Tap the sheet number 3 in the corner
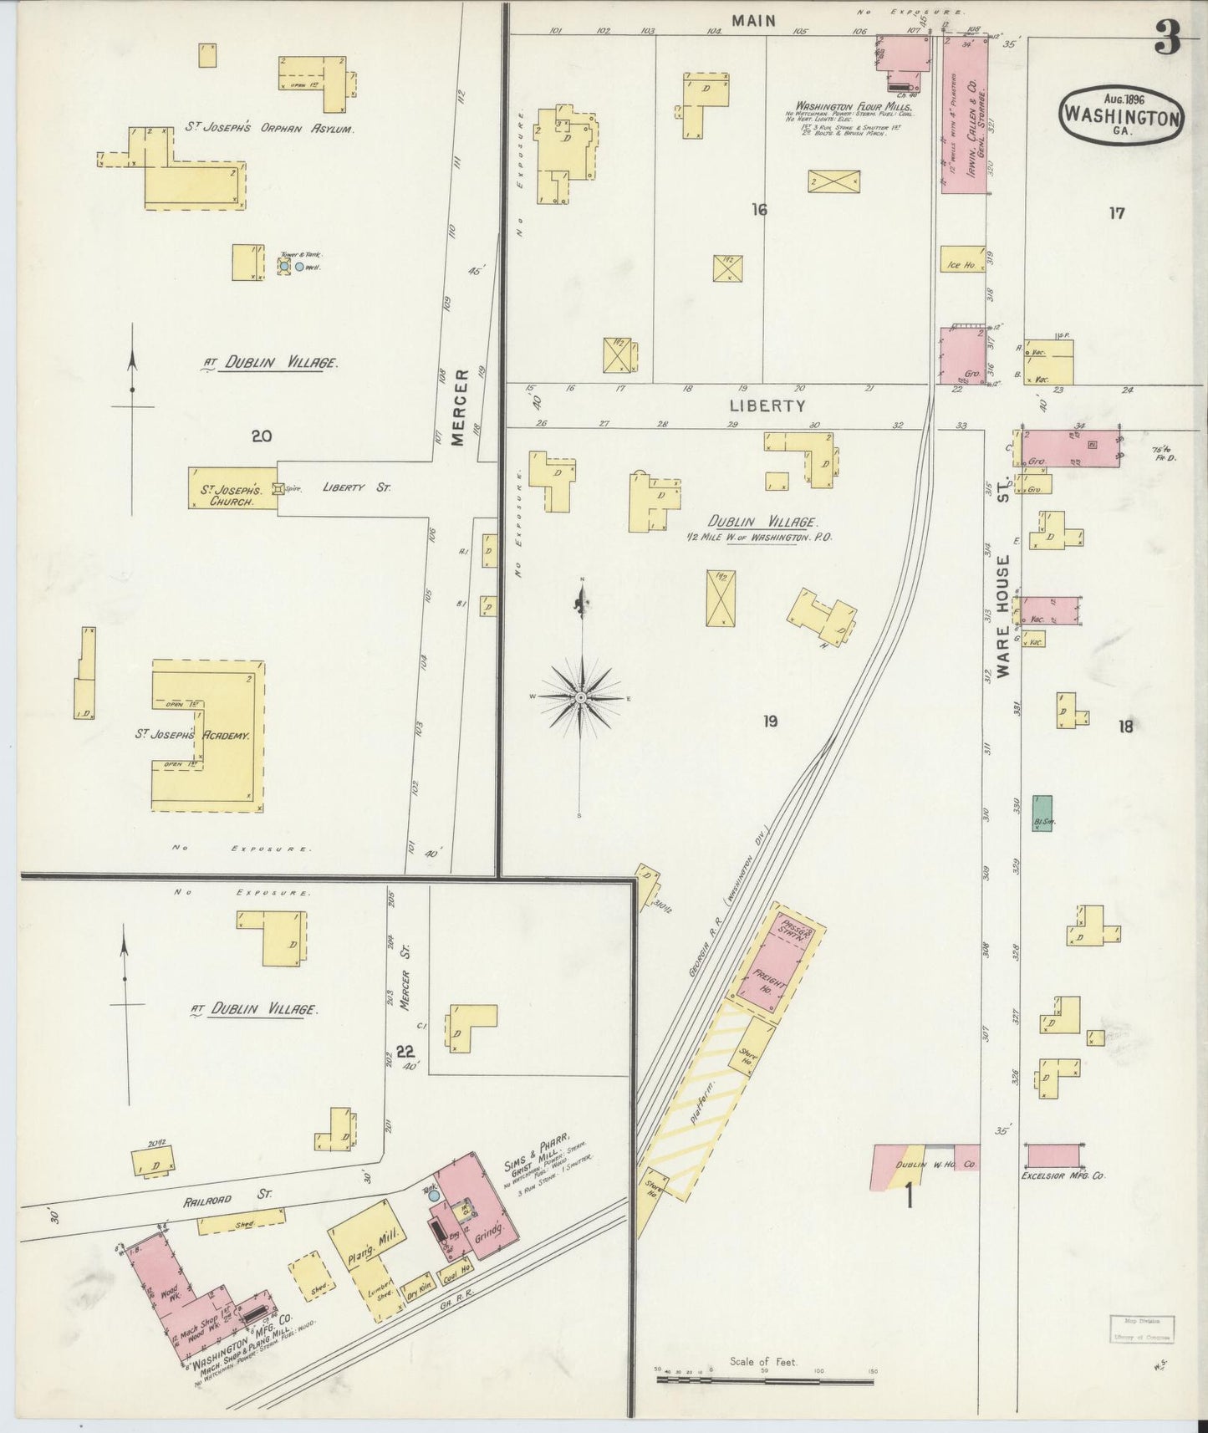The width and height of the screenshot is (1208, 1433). pyautogui.click(x=1167, y=38)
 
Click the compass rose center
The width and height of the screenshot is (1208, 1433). pyautogui.click(x=579, y=696)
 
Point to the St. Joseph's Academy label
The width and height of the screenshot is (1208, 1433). pyautogui.click(x=194, y=736)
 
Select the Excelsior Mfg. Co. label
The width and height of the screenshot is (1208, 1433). pyautogui.click(x=1063, y=1175)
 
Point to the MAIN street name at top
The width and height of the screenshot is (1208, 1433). pyautogui.click(x=754, y=21)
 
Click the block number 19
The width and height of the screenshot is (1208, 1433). pyautogui.click(x=770, y=720)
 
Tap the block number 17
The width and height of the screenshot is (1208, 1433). pyautogui.click(x=1117, y=212)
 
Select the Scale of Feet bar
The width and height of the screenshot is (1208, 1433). pyautogui.click(x=764, y=1381)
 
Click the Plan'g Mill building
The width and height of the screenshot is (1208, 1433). pyautogui.click(x=368, y=1234)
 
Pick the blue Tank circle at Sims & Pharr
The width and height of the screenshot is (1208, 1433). pyautogui.click(x=433, y=1196)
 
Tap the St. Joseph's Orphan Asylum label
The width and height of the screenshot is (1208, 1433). pyautogui.click(x=269, y=130)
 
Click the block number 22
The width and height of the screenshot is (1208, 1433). pyautogui.click(x=405, y=1051)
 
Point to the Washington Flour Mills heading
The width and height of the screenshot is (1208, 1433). pyautogui.click(x=853, y=107)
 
